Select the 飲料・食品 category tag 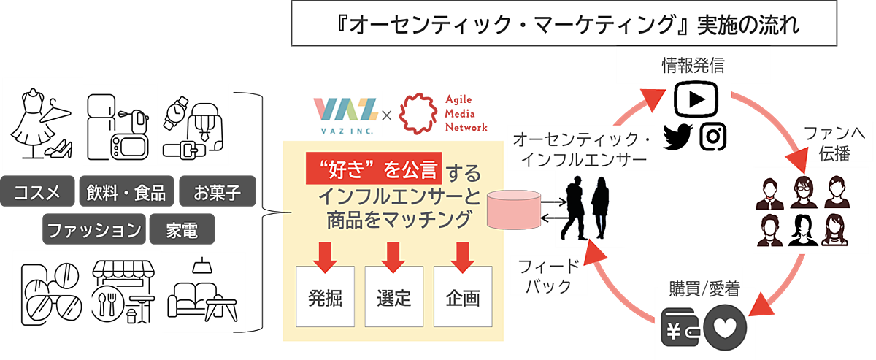click(x=126, y=193)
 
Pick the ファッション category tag click(x=93, y=230)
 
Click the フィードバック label click(x=552, y=275)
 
